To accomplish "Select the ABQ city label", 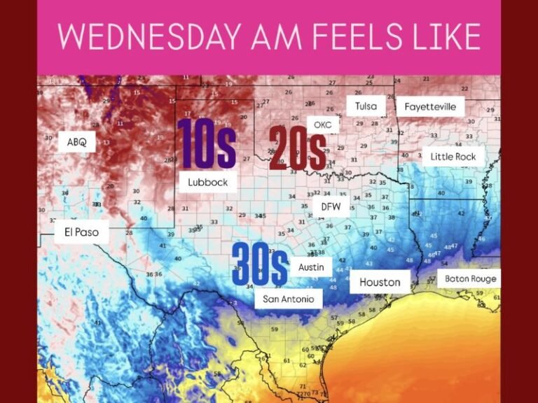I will (77, 142).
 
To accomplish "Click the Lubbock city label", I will (207, 182).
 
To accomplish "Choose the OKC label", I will (322, 125).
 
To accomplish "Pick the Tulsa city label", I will (366, 106).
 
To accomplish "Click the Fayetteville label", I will (430, 107).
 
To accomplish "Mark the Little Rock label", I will (453, 157).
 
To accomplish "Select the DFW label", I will (330, 206).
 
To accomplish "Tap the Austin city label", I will (311, 267).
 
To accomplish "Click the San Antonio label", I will (288, 299).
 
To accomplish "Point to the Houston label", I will (380, 282).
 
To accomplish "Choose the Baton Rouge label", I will (470, 278).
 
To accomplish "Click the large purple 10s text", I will (206, 144).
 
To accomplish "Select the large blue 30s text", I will (259, 264).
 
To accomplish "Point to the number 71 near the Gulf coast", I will (303, 386).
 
